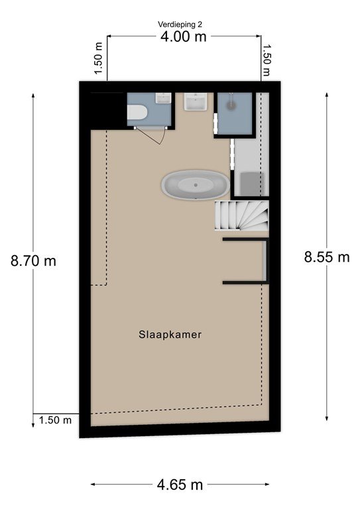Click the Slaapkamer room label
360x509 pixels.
(170, 335)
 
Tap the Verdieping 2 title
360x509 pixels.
(180, 25)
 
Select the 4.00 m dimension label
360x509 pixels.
(184, 36)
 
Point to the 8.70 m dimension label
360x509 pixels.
(33, 260)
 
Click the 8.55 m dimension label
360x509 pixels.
(327, 257)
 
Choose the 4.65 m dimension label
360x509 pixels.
(180, 485)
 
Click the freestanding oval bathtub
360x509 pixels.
(196, 185)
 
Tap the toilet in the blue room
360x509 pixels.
(137, 112)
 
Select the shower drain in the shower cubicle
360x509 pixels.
(231, 105)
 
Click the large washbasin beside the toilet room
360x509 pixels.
(196, 101)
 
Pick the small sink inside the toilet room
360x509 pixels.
(163, 98)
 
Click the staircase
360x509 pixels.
(242, 215)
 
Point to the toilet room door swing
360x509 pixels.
(150, 136)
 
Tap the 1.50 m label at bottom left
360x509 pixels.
(55, 420)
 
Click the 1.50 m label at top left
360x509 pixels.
(99, 58)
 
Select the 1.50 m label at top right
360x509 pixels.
(266, 60)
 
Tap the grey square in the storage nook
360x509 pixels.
(252, 184)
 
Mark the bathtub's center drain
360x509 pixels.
(196, 185)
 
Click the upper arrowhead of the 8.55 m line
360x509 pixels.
(327, 95)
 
